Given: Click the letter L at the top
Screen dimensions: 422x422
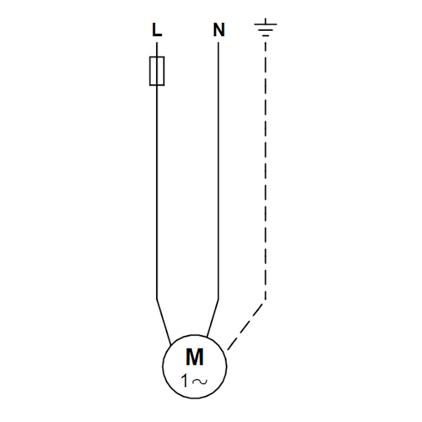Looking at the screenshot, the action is click(x=157, y=30).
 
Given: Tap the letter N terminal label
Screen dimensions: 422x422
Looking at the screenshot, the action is click(x=219, y=30).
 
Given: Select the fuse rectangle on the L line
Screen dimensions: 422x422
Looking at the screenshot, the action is click(x=157, y=71).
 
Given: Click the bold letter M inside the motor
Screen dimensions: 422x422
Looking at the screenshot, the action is click(x=195, y=357).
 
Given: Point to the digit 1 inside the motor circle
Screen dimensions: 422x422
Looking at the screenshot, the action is click(x=184, y=381).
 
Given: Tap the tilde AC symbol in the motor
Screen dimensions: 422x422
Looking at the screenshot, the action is click(x=200, y=382).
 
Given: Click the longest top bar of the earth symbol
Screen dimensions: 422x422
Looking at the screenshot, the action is click(x=266, y=25).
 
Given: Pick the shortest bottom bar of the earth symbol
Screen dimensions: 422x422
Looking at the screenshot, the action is click(x=266, y=35).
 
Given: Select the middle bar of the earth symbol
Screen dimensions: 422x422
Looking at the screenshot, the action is click(x=266, y=30).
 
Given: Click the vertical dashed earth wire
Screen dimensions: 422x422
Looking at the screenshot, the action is click(x=266, y=171).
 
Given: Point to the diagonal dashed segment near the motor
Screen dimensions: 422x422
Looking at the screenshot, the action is click(x=245, y=327).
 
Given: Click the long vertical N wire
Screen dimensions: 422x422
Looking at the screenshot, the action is click(x=218, y=171).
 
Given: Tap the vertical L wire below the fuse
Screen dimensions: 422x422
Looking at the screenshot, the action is click(x=157, y=192).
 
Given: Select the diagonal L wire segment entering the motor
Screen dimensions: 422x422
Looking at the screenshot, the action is click(x=164, y=322).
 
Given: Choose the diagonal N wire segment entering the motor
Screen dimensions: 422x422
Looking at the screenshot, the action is click(x=213, y=318).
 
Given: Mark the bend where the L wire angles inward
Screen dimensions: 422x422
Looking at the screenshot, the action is click(x=157, y=299).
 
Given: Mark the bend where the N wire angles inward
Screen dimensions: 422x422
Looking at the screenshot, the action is click(x=218, y=299).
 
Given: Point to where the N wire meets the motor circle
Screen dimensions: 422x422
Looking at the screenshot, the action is click(x=207, y=336).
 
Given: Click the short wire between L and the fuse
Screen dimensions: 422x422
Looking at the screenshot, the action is click(x=157, y=49).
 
